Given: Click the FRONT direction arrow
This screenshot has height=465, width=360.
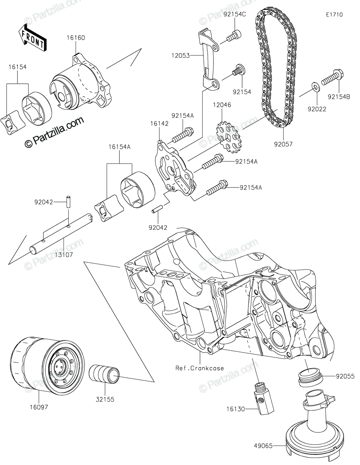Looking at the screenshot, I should pyautogui.click(x=33, y=38).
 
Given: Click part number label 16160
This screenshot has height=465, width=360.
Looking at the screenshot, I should pyautogui.click(x=76, y=38).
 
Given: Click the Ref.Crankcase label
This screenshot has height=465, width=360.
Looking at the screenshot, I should pyautogui.click(x=200, y=368).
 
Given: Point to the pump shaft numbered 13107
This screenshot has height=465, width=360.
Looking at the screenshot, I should pyautogui.click(x=62, y=236).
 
